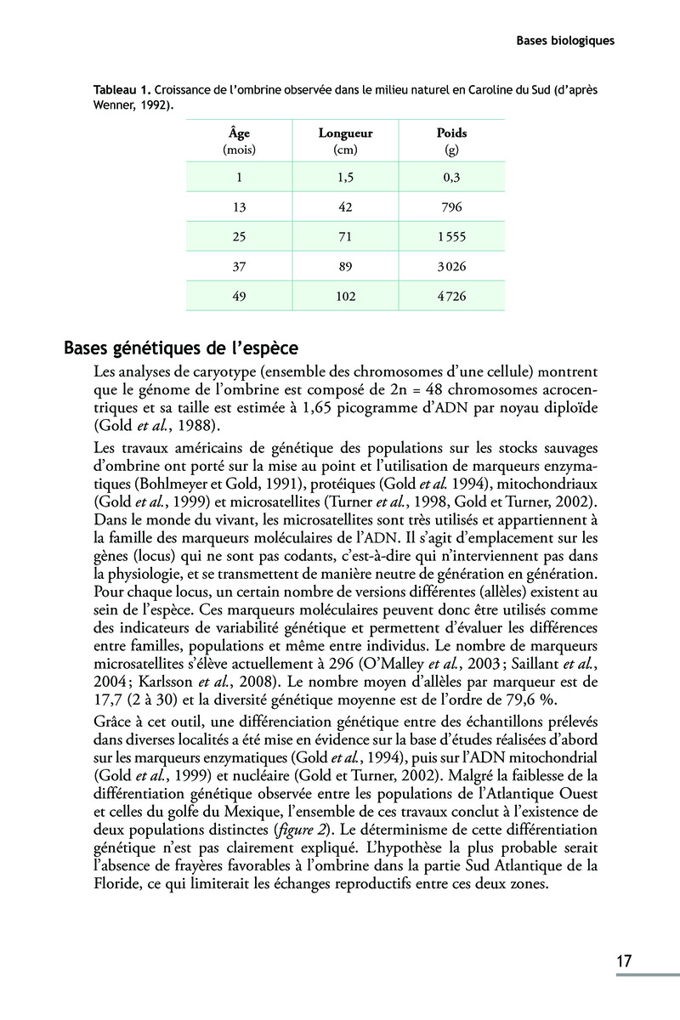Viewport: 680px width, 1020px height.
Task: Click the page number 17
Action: pyautogui.click(x=624, y=961)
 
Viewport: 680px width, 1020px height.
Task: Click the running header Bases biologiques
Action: pyautogui.click(x=565, y=40)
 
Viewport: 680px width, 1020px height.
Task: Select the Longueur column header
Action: pyautogui.click(x=345, y=133)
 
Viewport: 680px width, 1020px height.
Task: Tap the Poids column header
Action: pyautogui.click(x=451, y=133)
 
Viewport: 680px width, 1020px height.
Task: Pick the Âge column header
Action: pyautogui.click(x=240, y=133)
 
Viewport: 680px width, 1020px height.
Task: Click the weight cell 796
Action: pyautogui.click(x=451, y=206)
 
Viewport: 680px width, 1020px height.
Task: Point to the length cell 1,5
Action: pyautogui.click(x=345, y=176)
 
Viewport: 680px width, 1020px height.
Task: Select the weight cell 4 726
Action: pyautogui.click(x=451, y=297)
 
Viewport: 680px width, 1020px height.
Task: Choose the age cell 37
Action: pyautogui.click(x=240, y=266)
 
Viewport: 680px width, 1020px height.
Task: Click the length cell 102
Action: pyautogui.click(x=345, y=297)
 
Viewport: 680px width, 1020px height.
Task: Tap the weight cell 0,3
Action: pyautogui.click(x=451, y=176)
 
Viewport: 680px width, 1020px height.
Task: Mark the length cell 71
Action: pyautogui.click(x=345, y=236)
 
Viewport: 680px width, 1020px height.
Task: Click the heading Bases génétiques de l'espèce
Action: pyautogui.click(x=180, y=348)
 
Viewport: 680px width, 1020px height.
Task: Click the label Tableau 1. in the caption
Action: pyautogui.click(x=123, y=89)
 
